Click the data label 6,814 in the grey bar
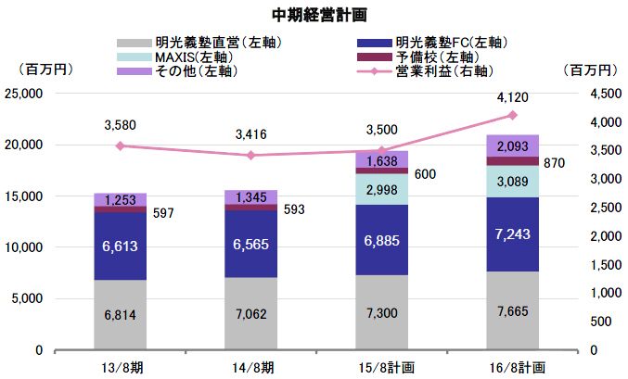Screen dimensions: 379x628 (121, 315)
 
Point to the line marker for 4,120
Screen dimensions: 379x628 (512, 115)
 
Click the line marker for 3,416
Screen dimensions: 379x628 (250, 155)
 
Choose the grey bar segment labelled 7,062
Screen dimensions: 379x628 (250, 313)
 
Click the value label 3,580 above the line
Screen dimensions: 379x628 (121, 124)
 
